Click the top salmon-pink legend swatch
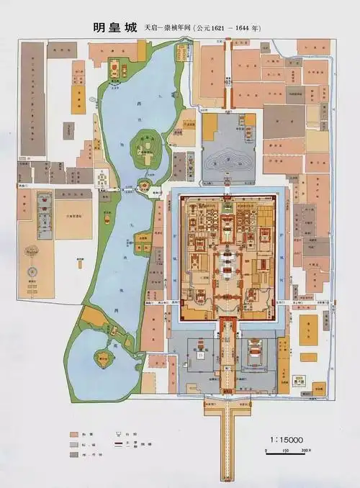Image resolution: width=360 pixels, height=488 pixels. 74,435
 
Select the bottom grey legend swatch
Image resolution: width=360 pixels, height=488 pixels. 74,457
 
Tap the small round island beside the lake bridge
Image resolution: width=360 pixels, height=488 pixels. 142,187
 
